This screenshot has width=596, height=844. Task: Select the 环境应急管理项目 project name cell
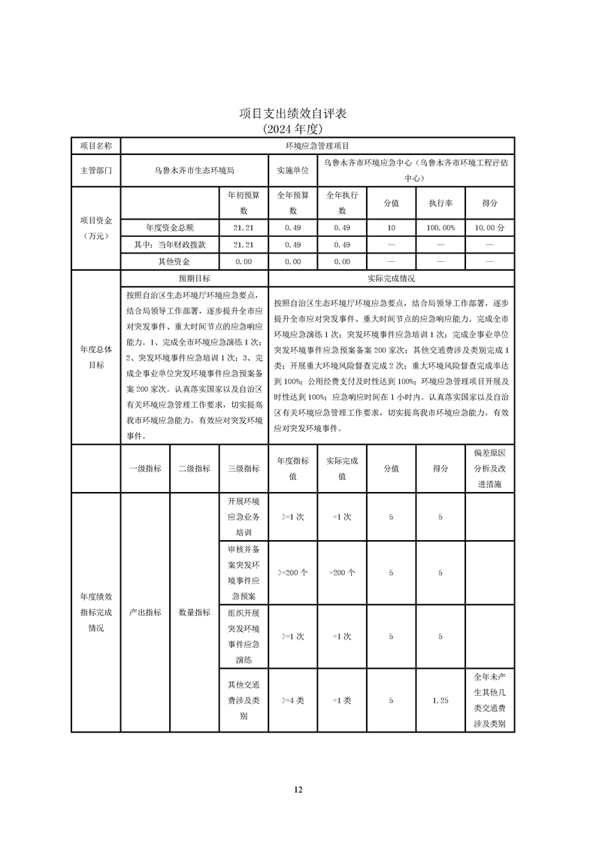click(316, 145)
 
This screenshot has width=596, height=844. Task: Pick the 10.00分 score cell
click(489, 227)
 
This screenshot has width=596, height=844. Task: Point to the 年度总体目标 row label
click(95, 357)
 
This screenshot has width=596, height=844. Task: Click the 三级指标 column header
click(244, 468)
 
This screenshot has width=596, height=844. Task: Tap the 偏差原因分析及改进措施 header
click(489, 468)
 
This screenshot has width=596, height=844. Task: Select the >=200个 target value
click(292, 572)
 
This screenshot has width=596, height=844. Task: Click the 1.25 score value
click(440, 700)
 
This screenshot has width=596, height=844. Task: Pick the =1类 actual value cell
click(342, 700)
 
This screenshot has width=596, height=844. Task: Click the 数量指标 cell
click(194, 612)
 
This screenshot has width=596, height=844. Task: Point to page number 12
click(298, 789)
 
